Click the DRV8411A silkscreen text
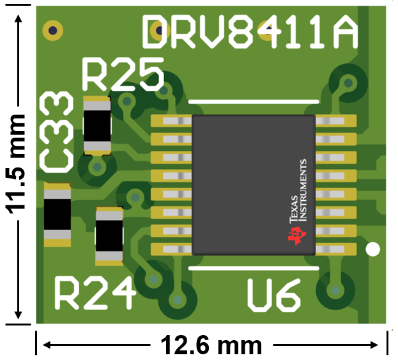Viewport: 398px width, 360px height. (249, 31)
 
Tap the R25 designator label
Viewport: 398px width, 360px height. (123, 75)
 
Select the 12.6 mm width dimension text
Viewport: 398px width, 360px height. (210, 346)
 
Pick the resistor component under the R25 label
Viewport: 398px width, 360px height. (98, 125)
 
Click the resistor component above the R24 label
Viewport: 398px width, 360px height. (109, 236)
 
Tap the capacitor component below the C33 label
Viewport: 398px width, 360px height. (57, 215)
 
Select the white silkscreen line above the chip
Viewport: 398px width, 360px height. (254, 101)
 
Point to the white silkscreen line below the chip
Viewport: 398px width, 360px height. (254, 269)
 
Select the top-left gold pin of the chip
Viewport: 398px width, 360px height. (171, 120)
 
